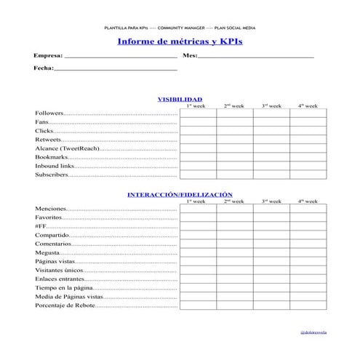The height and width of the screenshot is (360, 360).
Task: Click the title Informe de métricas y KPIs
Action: pos(180,41)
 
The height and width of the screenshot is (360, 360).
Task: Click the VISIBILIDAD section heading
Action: pos(180,99)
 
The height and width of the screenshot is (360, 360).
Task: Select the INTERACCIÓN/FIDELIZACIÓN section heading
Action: pos(180,195)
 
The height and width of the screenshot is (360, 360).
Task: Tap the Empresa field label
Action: pos(48,55)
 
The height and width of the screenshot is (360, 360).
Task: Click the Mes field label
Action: pos(190,55)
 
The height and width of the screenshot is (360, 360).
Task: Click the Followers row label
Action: pos(49,113)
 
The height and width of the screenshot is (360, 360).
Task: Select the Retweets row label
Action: pos(49,140)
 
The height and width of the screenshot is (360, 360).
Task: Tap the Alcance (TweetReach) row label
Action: pos(65,148)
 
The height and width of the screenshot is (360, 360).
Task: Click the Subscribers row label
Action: pos(52,175)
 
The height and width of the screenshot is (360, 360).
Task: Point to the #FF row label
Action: pos(41,227)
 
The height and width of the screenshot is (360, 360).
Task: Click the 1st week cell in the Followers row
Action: pos(198,113)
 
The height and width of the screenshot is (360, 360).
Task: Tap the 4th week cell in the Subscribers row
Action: pos(308,175)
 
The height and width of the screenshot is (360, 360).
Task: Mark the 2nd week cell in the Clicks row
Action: pos(235,131)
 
